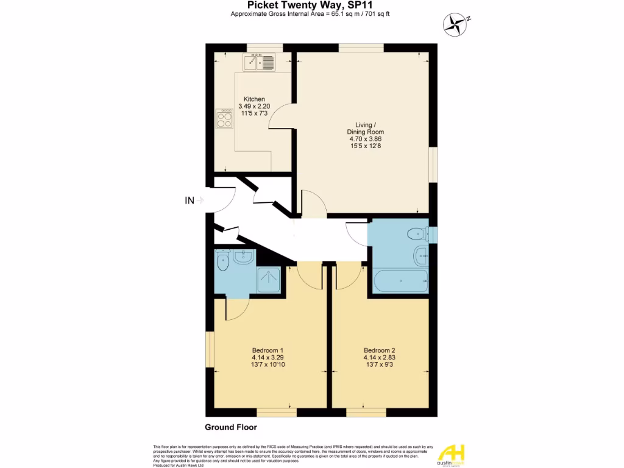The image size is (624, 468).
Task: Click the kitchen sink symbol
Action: tap(260, 62)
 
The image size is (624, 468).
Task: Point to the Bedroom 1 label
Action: tap(268, 357)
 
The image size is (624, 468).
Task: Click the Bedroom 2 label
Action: tap(380, 357)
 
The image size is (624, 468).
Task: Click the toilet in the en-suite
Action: tap(222, 262)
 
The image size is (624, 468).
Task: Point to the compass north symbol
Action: tap(455, 23)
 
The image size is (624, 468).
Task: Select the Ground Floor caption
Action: tap(231, 427)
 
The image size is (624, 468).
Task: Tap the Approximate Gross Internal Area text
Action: tap(311, 15)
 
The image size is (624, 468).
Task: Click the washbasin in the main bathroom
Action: tap(420, 256)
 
